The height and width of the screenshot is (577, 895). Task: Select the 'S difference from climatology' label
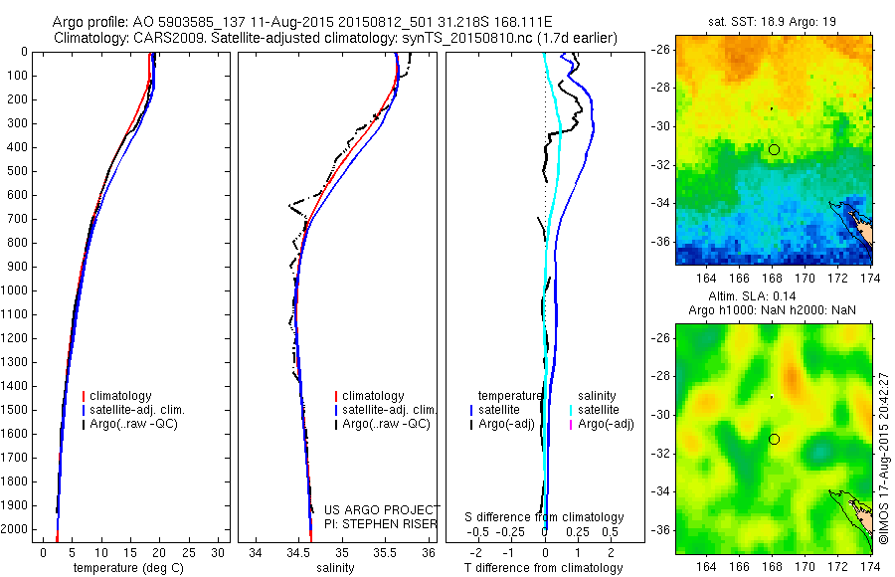[544, 517]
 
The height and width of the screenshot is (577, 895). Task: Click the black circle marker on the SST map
[774, 149]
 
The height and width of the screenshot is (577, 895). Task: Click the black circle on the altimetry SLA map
[774, 439]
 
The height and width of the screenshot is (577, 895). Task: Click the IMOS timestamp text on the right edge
[883, 458]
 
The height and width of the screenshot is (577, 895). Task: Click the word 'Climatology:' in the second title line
[92, 38]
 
